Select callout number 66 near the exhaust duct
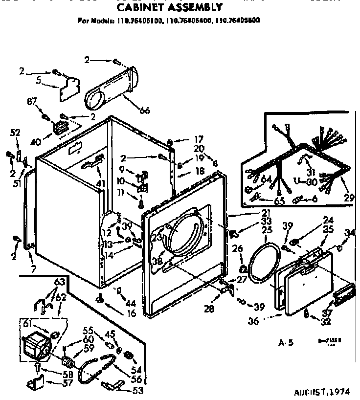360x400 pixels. tap(130, 111)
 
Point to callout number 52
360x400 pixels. tap(15, 132)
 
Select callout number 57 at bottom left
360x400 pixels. tap(68, 383)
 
